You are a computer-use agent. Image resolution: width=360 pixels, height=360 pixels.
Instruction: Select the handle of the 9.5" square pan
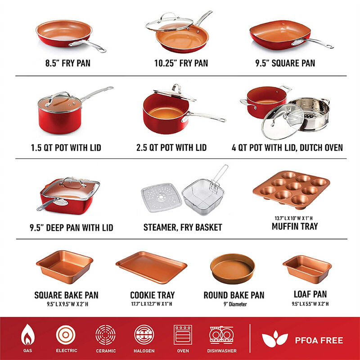(x=312, y=43)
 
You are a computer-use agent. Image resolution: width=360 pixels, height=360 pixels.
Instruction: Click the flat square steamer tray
(x=161, y=198)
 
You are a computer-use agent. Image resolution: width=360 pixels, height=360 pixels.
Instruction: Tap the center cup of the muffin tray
(x=294, y=186)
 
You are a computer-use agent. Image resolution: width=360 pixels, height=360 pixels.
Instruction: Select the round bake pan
(x=232, y=268)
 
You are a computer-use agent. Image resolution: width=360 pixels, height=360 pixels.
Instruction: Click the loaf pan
(x=307, y=269)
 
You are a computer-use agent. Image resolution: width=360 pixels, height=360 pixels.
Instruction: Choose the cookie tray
(x=152, y=267)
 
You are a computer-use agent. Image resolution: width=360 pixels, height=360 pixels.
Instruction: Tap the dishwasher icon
(x=221, y=335)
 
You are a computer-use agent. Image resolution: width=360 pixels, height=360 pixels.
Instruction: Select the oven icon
(x=183, y=335)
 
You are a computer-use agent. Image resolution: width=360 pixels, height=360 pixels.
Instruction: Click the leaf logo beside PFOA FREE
(x=274, y=339)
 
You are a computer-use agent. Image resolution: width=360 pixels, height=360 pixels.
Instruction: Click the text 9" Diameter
(x=235, y=304)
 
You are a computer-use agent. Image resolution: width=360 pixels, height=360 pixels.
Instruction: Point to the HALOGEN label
(x=144, y=351)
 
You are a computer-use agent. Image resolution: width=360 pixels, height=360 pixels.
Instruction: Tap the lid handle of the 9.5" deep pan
(x=72, y=180)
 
